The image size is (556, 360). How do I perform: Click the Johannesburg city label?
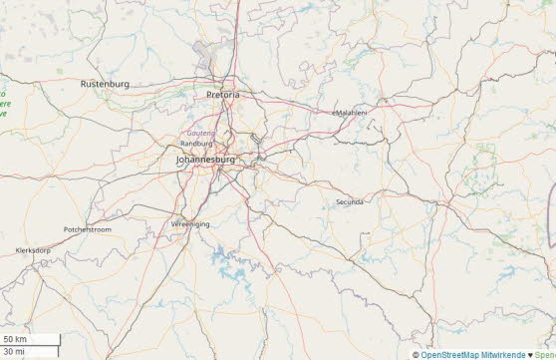pos(204,159)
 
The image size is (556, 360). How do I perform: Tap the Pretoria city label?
pos(222,95)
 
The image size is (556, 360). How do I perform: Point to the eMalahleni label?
pos(350,113)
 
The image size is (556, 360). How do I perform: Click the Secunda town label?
pos(350,201)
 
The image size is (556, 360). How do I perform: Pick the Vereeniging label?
pos(190,224)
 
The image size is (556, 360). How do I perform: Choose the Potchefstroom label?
pos(88,229)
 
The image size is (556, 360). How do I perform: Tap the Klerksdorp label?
pos(33,250)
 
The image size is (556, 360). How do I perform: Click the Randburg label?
pos(196,144)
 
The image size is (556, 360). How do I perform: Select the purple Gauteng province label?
pos(201,133)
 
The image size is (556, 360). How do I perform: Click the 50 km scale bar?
pos(30,340)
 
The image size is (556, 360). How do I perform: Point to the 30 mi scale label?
pos(14,352)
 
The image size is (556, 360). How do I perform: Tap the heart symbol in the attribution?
pos(531,354)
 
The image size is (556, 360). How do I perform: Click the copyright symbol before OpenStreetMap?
pos(416,354)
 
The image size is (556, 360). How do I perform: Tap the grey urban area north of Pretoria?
pos(208,55)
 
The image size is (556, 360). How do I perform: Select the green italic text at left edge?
pos(4,104)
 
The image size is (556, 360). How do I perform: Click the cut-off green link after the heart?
pos(546,354)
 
